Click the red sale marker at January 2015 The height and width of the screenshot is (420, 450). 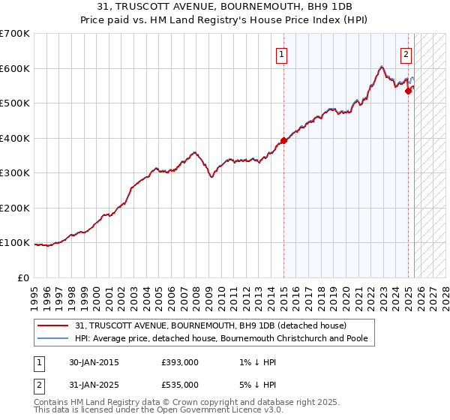tap(283, 140)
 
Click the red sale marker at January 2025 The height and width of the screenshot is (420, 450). tap(409, 91)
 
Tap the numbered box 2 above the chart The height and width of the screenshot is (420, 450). tap(406, 54)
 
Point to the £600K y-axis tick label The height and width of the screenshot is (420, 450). tap(15, 68)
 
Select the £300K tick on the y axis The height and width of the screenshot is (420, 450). tap(15, 172)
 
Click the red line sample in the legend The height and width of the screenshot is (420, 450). tap(53, 326)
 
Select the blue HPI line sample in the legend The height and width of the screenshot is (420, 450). tap(53, 338)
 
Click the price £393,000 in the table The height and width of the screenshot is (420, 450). tap(180, 362)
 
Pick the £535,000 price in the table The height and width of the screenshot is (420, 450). tap(180, 385)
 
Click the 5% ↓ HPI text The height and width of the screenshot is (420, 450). tap(255, 385)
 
